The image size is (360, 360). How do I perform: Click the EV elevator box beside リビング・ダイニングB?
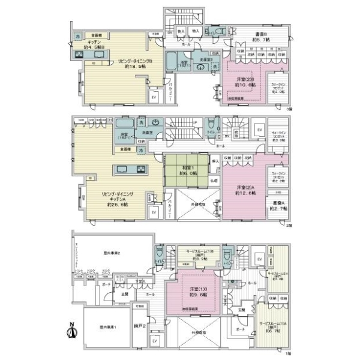[x=154, y=97]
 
